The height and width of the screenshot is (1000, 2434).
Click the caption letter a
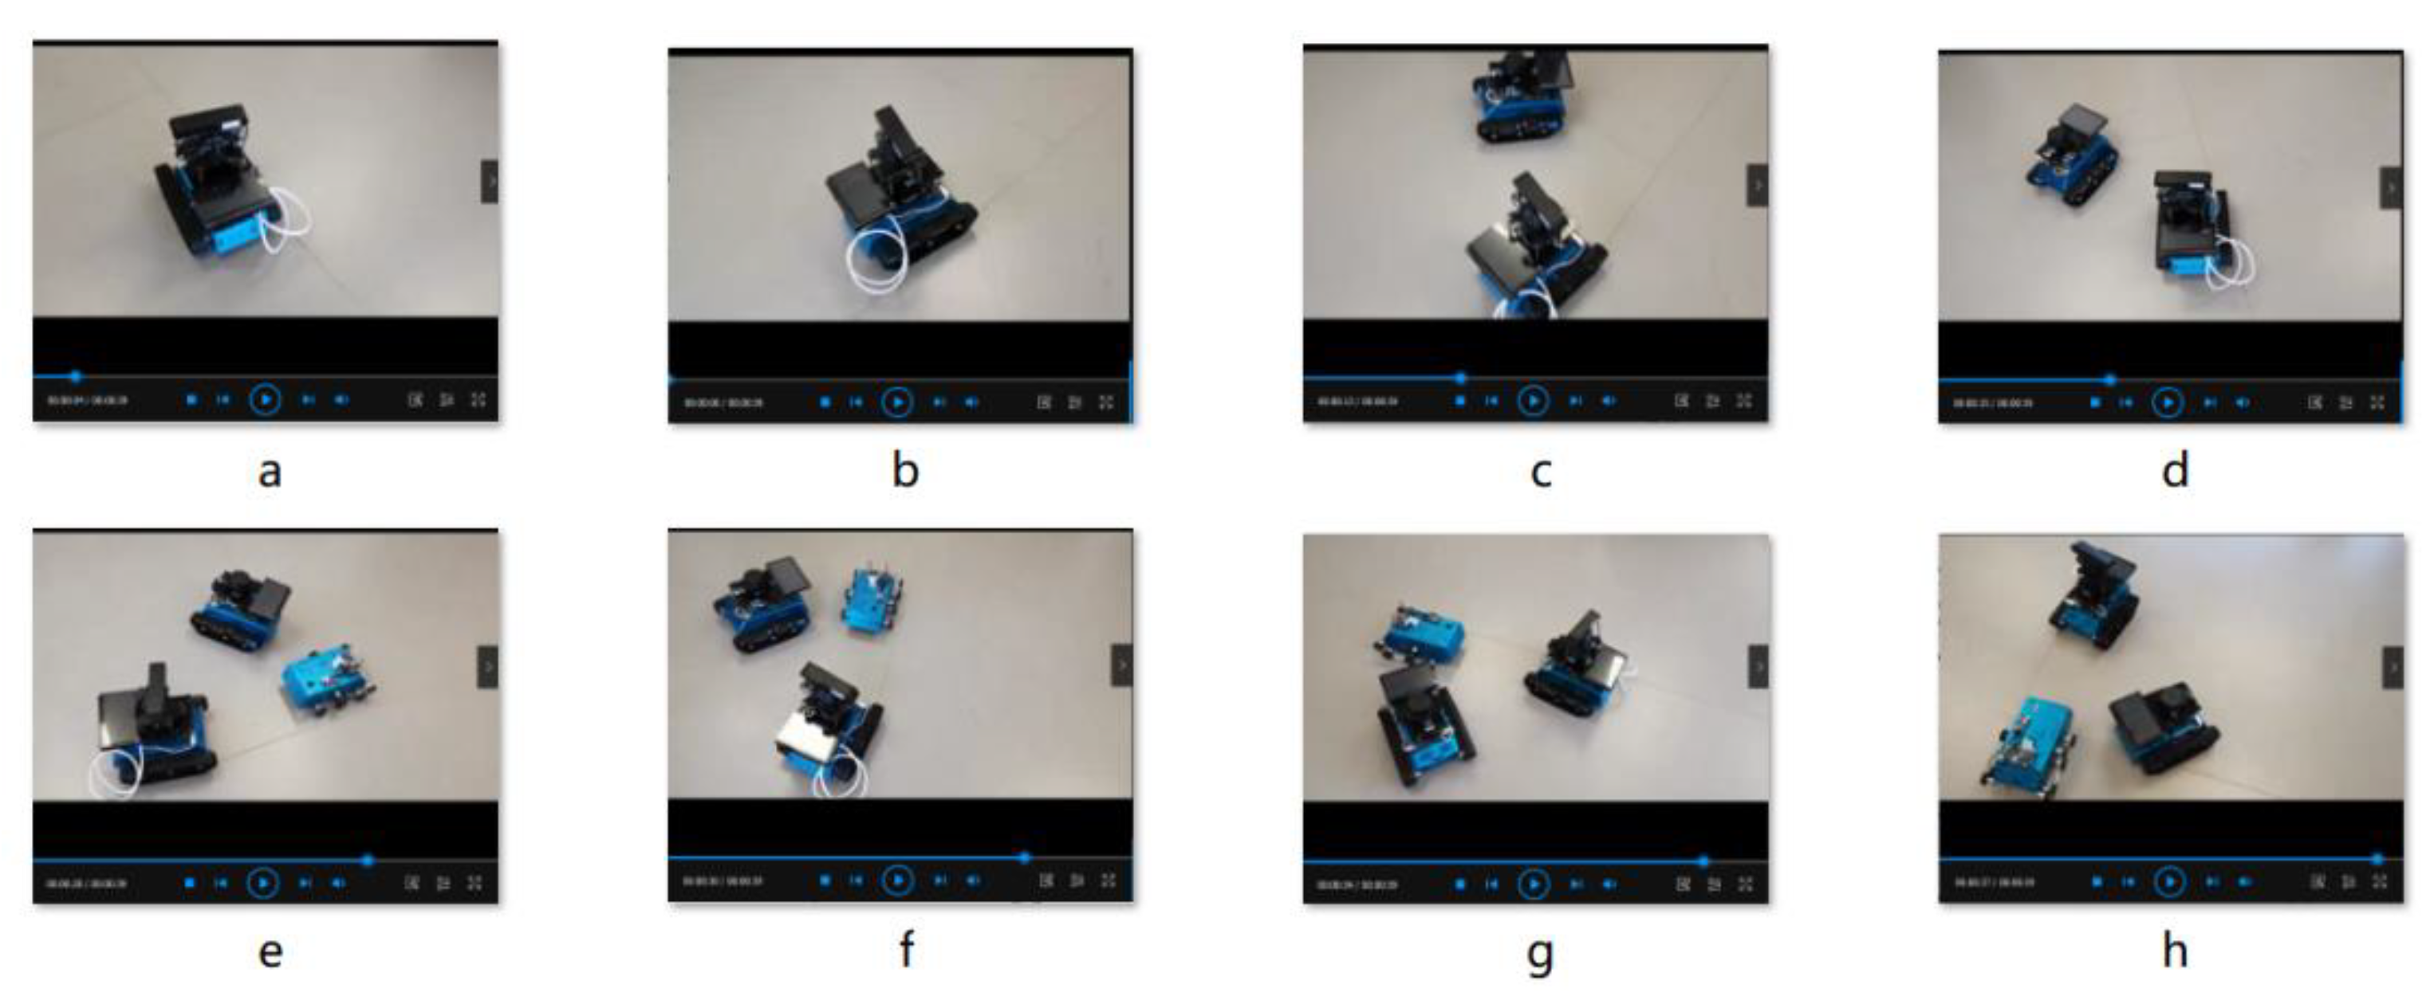coord(270,470)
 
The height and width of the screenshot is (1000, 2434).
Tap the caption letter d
coord(2175,469)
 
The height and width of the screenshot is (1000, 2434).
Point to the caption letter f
coord(905,950)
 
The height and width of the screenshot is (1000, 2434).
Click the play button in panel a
coord(266,399)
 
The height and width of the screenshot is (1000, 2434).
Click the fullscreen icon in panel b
coord(1106,402)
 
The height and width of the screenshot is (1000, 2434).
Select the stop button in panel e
coord(190,883)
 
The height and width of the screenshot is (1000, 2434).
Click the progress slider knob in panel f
coord(1024,857)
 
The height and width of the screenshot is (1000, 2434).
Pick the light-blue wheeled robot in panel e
coord(328,682)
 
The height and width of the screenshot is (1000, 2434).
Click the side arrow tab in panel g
coord(1758,667)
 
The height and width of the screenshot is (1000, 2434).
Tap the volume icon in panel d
coord(2242,402)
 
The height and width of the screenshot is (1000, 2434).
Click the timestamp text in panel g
coord(1357,884)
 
